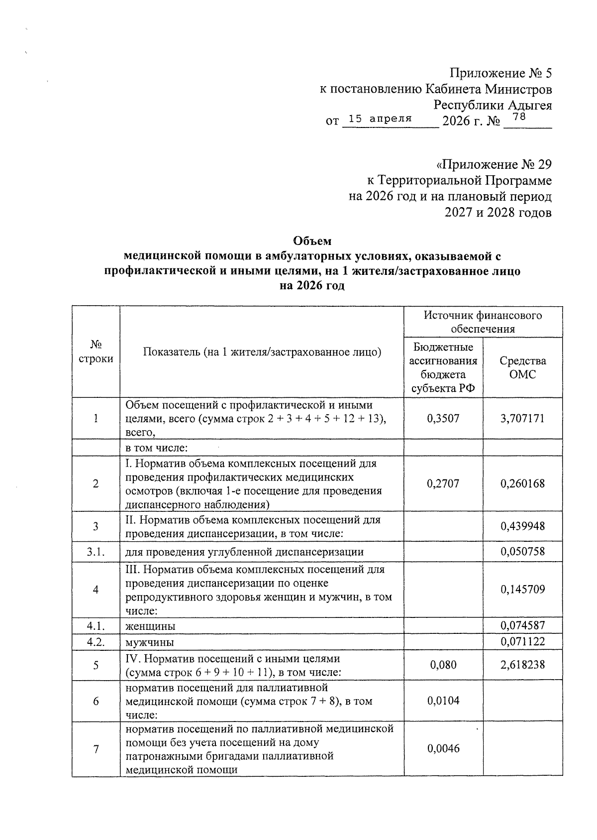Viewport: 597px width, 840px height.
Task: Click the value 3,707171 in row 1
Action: [x=522, y=418]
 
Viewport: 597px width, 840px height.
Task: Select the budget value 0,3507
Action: [x=443, y=418]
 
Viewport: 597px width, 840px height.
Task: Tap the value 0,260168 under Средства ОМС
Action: [x=522, y=483]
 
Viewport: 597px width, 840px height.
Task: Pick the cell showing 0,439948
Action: [x=522, y=526]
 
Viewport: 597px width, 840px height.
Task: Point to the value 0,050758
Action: [x=522, y=552]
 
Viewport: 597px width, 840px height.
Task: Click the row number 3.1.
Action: [x=95, y=552]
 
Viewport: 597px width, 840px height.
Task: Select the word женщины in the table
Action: [x=150, y=626]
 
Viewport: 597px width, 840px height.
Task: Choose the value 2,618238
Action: [x=522, y=665]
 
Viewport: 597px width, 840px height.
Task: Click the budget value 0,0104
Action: [x=443, y=701]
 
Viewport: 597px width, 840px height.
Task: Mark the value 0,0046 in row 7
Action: [x=443, y=749]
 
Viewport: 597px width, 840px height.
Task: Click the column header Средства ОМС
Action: [x=522, y=367]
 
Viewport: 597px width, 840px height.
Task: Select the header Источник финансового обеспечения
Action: [x=483, y=322]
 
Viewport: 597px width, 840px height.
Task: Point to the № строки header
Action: [x=96, y=352]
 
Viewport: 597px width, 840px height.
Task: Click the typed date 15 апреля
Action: [x=380, y=119]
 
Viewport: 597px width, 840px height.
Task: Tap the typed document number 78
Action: [x=518, y=117]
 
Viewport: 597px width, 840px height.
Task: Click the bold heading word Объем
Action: [x=312, y=241]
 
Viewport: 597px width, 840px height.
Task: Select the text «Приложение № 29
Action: [x=494, y=165]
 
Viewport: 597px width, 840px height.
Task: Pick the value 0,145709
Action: [x=522, y=590]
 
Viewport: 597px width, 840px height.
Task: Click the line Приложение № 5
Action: [x=500, y=74]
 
